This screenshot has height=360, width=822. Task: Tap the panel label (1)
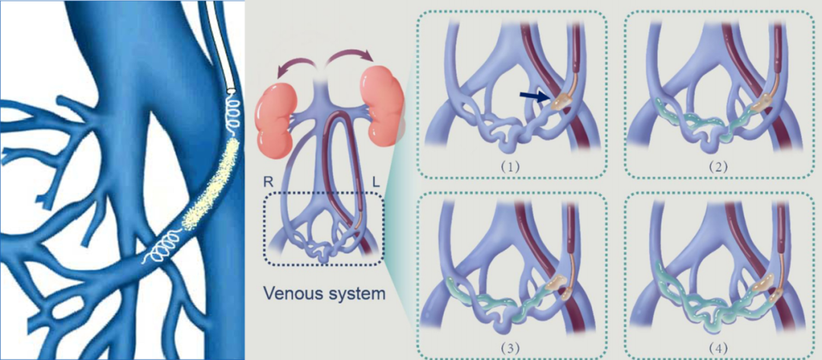click(x=511, y=164)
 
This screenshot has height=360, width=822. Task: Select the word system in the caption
click(x=352, y=292)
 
